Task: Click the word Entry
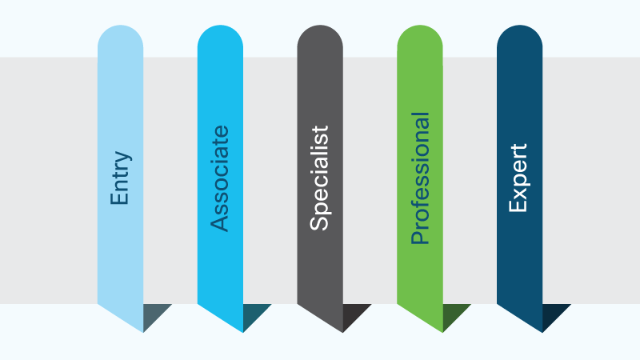(121, 178)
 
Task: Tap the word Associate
(219, 178)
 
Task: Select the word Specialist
(319, 178)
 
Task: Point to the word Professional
(420, 178)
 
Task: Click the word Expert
(518, 178)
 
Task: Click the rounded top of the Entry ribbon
(121, 37)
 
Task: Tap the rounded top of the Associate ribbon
(221, 37)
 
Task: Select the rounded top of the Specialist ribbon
(320, 37)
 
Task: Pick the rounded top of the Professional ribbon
(420, 37)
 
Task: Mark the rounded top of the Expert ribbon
(519, 37)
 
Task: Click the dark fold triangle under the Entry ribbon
(153, 314)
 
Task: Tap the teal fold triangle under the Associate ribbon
(253, 314)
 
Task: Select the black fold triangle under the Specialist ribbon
(352, 314)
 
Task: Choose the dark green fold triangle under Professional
(452, 314)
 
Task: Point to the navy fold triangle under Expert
(552, 314)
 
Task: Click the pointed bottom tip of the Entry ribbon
(143, 332)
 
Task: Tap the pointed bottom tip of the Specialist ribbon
(342, 332)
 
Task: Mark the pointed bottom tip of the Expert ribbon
(542, 332)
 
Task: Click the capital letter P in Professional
(421, 238)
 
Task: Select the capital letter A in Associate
(219, 225)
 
